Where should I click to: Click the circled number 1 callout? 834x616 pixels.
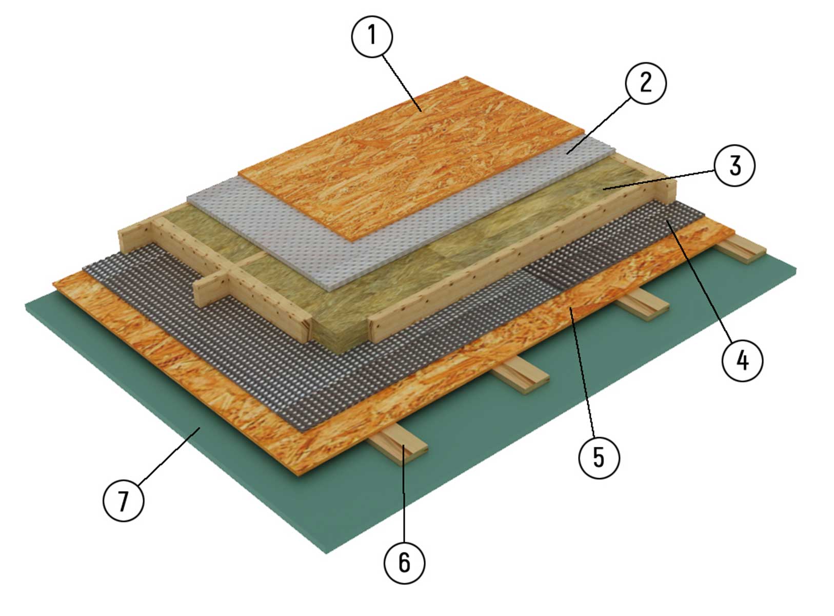click(x=372, y=36)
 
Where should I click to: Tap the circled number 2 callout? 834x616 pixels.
click(x=646, y=83)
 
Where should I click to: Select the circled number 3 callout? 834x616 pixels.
click(x=734, y=166)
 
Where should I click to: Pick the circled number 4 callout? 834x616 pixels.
click(x=742, y=361)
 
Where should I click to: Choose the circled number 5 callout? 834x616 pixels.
click(x=599, y=458)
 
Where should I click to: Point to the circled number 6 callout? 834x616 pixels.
click(x=404, y=563)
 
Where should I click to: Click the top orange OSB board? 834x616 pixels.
click(x=410, y=158)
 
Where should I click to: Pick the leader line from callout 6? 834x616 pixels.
click(x=404, y=494)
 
